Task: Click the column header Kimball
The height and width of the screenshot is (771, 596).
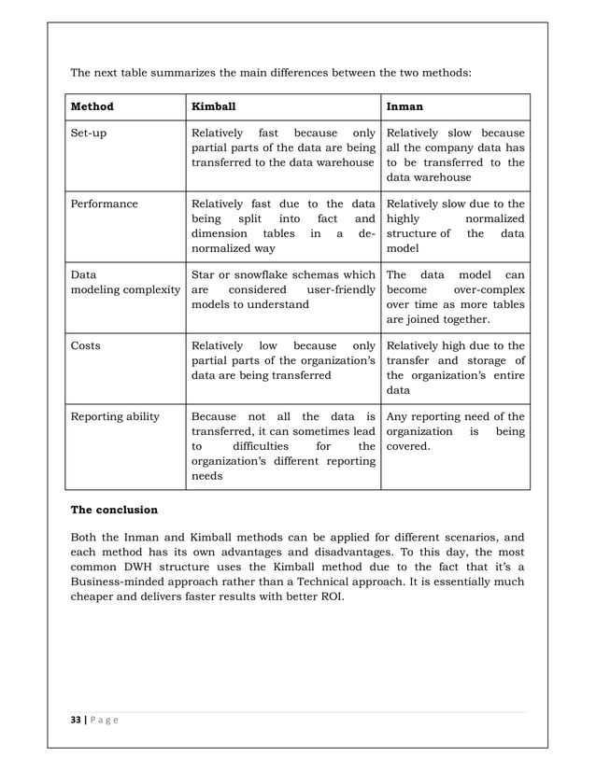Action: pos(214,106)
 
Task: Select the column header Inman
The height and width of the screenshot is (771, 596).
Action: pos(404,106)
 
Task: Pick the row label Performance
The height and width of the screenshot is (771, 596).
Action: pos(104,203)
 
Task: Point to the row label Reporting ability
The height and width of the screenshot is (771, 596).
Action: pos(115,416)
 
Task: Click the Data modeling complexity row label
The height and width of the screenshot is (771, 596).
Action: pos(125,282)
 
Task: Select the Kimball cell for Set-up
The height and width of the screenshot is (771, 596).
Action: pos(283,147)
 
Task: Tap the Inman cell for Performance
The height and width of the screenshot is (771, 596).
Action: pos(455,225)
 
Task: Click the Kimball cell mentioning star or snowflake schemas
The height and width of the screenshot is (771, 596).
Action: pos(283,289)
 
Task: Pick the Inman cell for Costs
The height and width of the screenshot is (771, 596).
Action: pos(455,368)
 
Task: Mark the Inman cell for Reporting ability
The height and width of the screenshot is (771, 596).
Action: pos(455,431)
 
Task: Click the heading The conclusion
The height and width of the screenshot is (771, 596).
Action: pos(114,511)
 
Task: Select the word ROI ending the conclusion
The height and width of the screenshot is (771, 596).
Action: pos(331,597)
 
